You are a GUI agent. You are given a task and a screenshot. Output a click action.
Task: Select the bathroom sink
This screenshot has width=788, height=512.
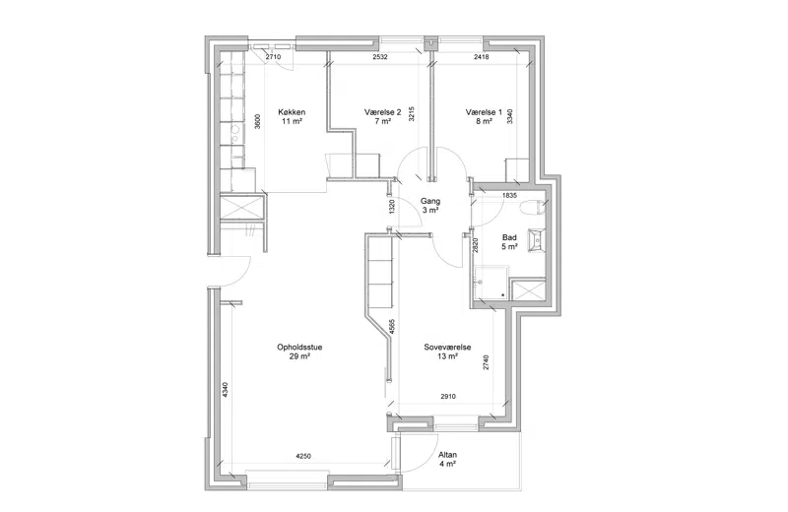click(x=536, y=239)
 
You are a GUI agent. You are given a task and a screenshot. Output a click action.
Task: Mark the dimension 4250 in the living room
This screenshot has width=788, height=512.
click(x=303, y=457)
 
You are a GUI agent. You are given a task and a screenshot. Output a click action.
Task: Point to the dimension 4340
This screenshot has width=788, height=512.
click(x=225, y=391)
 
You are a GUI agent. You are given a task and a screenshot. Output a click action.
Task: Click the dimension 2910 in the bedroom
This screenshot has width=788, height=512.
click(x=448, y=397)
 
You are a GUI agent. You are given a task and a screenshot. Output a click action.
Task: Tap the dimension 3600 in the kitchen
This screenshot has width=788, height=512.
click(x=257, y=121)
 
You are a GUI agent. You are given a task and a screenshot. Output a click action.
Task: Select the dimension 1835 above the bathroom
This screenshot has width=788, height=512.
click(x=509, y=196)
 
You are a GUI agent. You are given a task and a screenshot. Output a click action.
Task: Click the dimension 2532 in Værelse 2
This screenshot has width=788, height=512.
click(x=380, y=57)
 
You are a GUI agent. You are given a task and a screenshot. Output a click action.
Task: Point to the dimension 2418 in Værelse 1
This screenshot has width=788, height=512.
click(x=481, y=57)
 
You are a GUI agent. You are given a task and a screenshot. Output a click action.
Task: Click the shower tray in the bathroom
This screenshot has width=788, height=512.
click(x=491, y=283)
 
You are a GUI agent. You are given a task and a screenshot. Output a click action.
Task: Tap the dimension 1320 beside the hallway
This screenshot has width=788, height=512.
click(x=392, y=207)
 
